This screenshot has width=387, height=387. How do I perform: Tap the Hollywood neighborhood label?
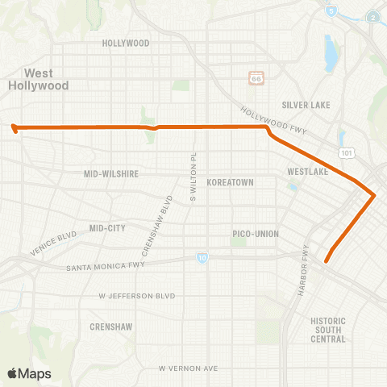pos(127,43)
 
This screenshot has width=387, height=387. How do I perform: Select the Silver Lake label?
pos(303,105)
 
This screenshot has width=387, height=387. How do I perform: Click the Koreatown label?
pos(231,183)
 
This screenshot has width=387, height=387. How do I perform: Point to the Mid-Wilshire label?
pos(112,173)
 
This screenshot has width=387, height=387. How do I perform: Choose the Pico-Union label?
pos(256,234)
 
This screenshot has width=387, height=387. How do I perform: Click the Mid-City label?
pos(108,228)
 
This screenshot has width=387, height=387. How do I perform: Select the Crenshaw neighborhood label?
pos(112,327)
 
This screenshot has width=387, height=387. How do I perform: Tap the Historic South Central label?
pos(328,330)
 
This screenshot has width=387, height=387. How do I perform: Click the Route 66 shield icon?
pos(256,77)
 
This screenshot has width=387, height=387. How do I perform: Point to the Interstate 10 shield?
pos(200,258)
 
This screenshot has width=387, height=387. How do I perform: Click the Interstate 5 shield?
pos(331,12)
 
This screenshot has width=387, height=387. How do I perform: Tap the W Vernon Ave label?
pos(188,368)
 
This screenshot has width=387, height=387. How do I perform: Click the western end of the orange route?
pos(14,127)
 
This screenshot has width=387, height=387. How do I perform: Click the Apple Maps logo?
pos(28,372)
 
